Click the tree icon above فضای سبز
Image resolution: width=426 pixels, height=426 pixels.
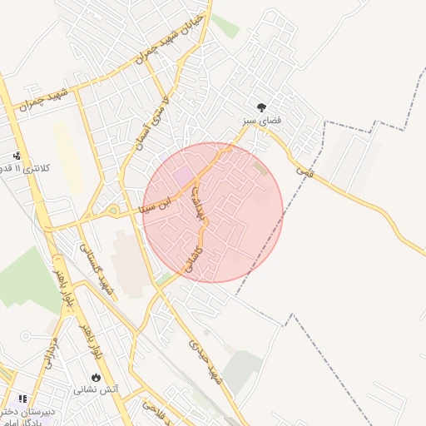tap(262, 107)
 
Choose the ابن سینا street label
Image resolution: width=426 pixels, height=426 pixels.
tap(157, 201)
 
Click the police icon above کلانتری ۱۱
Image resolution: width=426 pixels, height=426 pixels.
tap(17, 156)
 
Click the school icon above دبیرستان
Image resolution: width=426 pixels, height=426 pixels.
tap(22, 400)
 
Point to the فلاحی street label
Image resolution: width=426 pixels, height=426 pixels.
tap(158, 413)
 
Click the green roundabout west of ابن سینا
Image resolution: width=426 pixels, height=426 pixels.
tap(111, 210)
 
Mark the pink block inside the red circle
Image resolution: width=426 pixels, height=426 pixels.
tap(182, 176)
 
